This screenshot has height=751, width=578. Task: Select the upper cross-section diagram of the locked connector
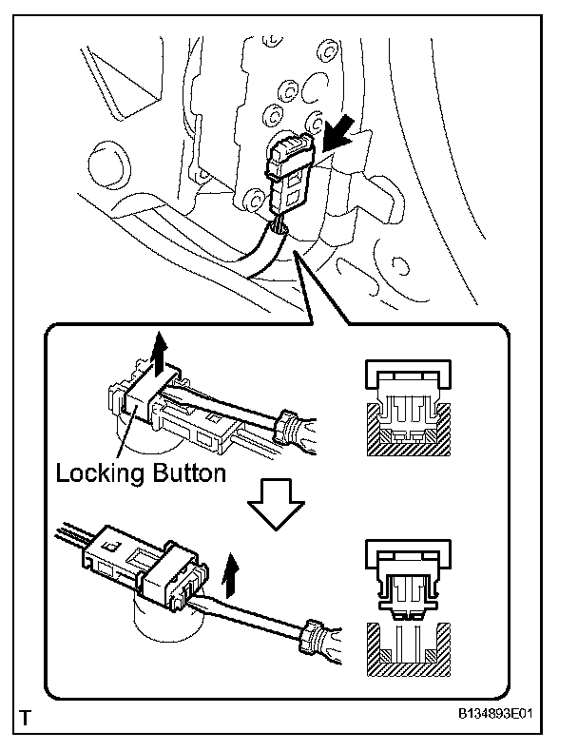[x=410, y=405]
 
